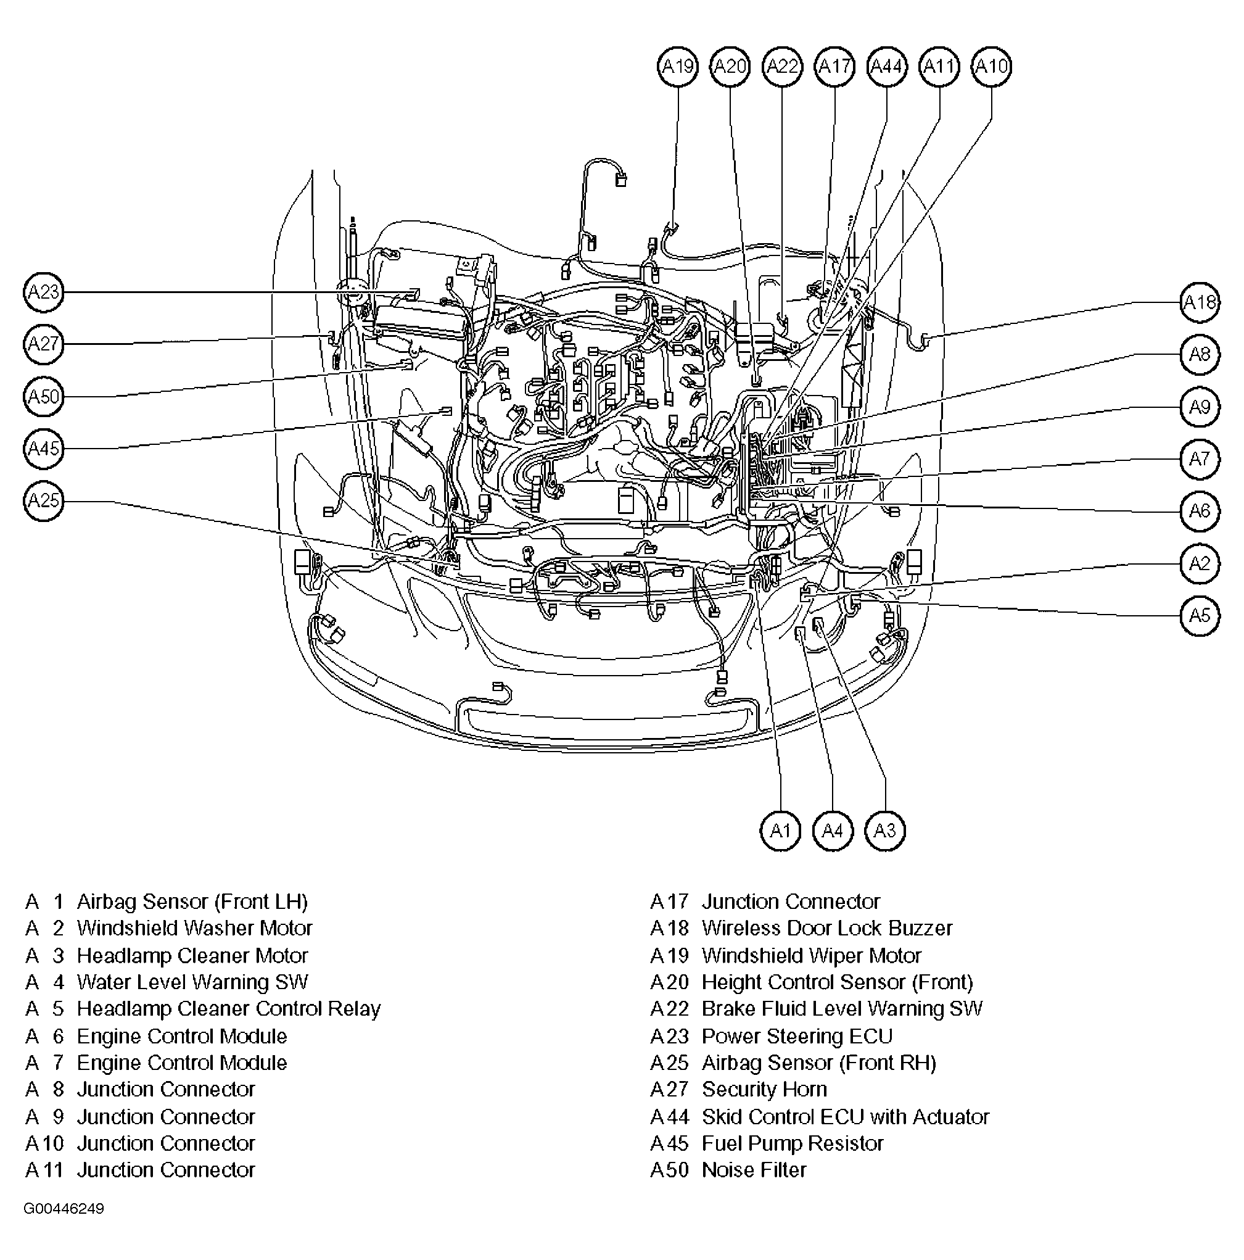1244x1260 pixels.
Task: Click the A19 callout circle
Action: tap(677, 67)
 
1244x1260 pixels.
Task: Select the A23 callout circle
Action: tap(44, 292)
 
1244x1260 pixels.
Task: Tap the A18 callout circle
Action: tap(1200, 302)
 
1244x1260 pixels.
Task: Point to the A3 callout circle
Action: tap(885, 831)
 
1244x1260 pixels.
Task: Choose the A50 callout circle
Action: tap(44, 397)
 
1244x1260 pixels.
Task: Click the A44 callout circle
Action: tap(887, 67)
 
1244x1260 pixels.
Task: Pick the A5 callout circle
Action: tap(1200, 615)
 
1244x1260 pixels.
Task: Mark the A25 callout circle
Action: tap(44, 501)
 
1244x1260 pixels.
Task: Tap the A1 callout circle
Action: tap(780, 831)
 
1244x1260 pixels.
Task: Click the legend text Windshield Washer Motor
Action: tap(194, 928)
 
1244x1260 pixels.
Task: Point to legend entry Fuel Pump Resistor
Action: tap(792, 1143)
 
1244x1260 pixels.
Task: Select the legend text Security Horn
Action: tap(764, 1089)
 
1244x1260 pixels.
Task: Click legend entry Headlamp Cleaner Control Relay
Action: tap(228, 1009)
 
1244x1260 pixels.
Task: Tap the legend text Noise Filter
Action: tap(754, 1170)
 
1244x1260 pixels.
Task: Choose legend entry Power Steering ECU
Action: tap(797, 1035)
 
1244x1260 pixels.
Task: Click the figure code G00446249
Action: tap(64, 1209)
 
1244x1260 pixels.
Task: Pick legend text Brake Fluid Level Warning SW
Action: tap(842, 1009)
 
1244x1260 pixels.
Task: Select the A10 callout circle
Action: tap(991, 67)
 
